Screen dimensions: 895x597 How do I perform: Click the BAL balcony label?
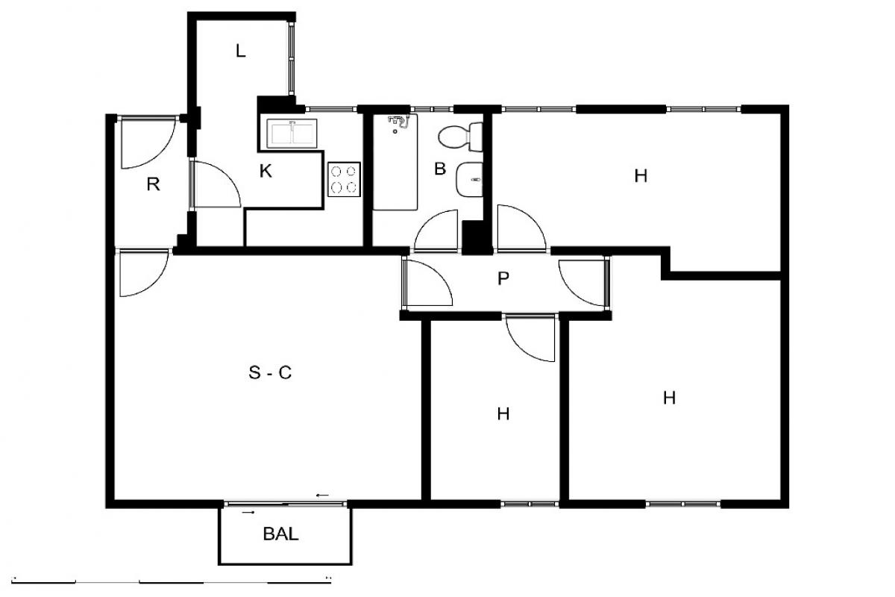(280, 534)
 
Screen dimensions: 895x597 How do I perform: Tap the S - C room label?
(270, 372)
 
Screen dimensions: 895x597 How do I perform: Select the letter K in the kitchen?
(266, 171)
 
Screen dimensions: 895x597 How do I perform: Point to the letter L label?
(240, 51)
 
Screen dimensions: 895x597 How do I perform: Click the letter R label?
(154, 184)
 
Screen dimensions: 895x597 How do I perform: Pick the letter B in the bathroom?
(440, 169)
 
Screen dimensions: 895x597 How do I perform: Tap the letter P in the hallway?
(503, 278)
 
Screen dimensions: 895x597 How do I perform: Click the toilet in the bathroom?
(460, 137)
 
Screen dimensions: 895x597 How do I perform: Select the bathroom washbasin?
(469, 180)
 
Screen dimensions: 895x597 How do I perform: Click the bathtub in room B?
(395, 162)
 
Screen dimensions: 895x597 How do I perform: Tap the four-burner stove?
(344, 179)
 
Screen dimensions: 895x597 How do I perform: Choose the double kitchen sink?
(292, 134)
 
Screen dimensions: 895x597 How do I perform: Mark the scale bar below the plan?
(172, 579)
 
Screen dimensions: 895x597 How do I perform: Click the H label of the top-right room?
(641, 176)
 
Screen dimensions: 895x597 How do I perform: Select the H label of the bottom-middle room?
(503, 414)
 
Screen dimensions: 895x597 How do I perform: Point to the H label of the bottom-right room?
(669, 398)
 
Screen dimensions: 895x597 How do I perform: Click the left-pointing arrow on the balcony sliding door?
(322, 496)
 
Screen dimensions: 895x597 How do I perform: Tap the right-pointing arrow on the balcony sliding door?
(248, 512)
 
